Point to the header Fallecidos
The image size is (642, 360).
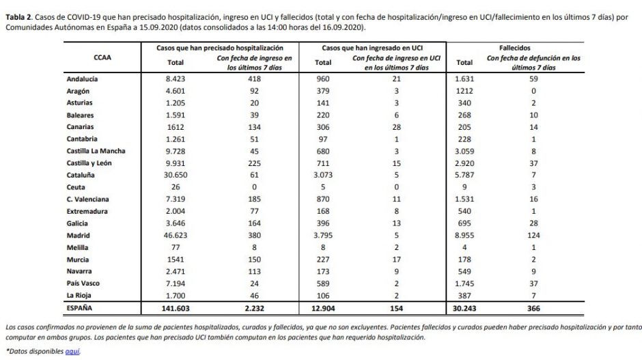pos(520,48)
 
